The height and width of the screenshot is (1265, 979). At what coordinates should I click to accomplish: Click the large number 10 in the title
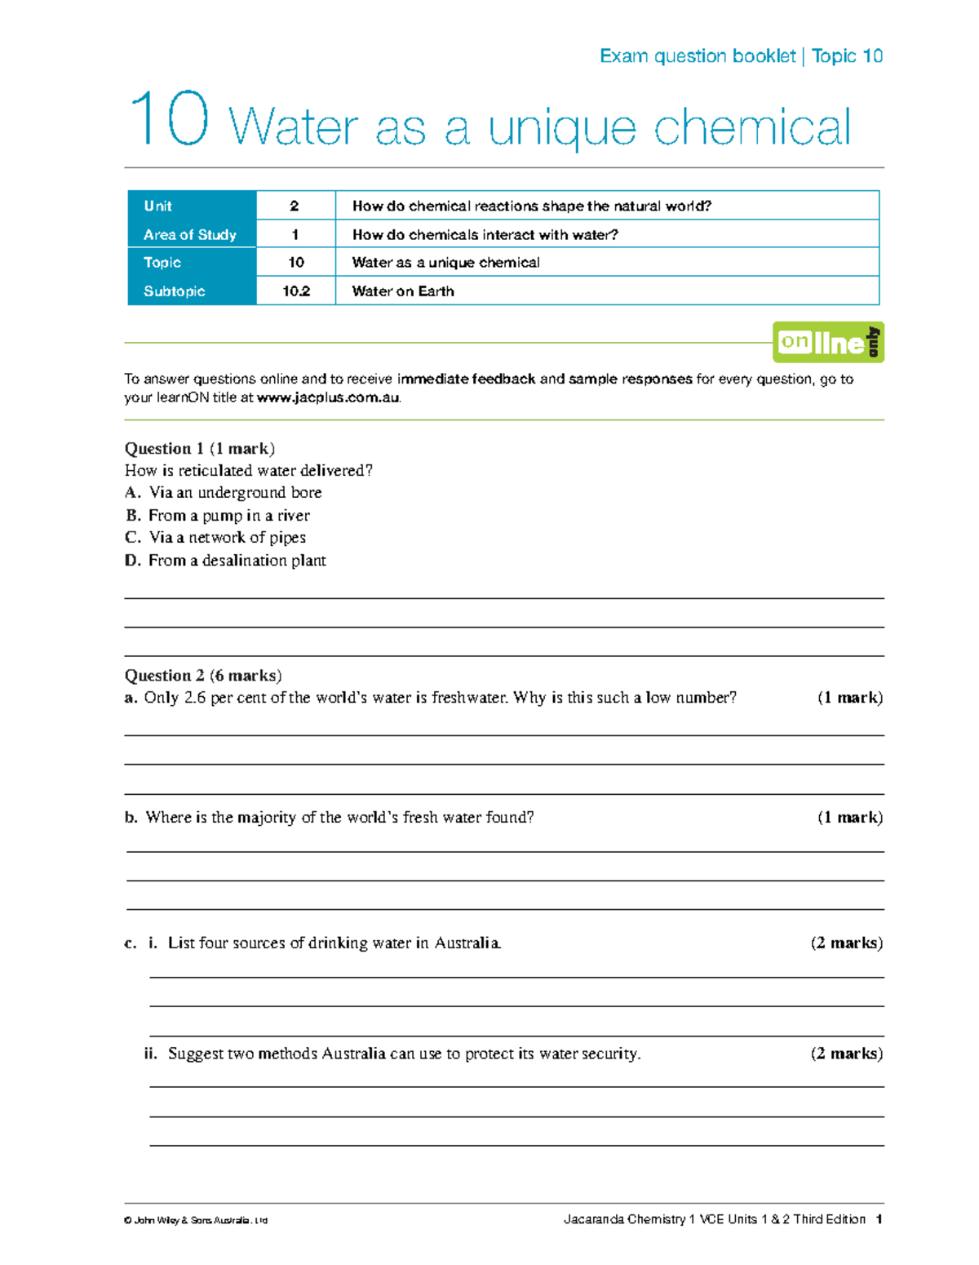(x=169, y=120)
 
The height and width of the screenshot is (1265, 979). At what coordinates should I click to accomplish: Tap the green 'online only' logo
(x=828, y=342)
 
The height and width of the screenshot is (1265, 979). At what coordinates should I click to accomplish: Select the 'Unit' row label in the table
(x=158, y=206)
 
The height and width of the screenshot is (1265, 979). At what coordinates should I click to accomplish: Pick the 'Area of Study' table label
(x=190, y=235)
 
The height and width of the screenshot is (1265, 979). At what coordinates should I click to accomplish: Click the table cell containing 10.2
(x=295, y=291)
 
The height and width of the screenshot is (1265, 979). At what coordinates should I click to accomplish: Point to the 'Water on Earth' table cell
(x=403, y=291)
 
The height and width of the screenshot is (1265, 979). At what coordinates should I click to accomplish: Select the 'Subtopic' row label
(x=175, y=291)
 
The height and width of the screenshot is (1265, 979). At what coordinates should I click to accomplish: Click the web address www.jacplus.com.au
(x=328, y=398)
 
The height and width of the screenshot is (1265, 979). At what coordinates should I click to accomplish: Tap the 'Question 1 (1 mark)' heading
(x=200, y=448)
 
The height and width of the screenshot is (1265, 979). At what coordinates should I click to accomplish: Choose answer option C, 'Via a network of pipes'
(x=227, y=537)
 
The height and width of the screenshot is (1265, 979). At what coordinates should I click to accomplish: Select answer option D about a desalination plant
(x=237, y=560)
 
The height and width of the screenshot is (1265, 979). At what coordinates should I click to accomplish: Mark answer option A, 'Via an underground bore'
(x=235, y=492)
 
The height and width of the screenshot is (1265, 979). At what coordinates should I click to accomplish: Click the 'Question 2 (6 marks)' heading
(x=203, y=675)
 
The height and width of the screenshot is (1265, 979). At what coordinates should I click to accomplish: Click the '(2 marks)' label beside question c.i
(x=846, y=943)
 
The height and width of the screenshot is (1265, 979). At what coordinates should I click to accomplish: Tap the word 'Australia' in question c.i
(x=467, y=943)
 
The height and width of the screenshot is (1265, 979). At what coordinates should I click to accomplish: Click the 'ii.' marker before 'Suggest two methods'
(x=150, y=1054)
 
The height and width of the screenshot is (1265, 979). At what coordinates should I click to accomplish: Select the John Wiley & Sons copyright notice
(x=196, y=1220)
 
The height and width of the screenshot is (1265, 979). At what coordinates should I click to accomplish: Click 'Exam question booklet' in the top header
(x=698, y=55)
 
